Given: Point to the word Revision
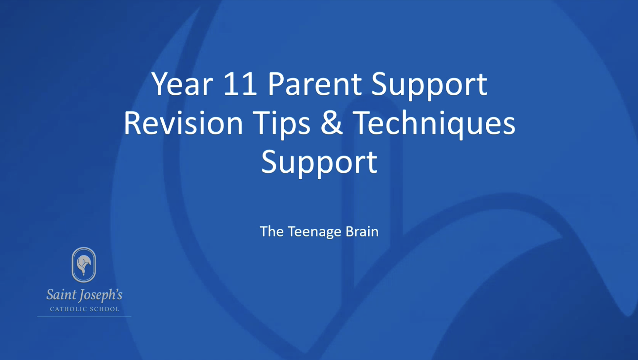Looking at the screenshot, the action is [183, 123].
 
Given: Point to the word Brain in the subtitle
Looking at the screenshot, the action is [362, 231].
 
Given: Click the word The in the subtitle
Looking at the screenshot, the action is [272, 231].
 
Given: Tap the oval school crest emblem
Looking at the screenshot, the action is [84, 265].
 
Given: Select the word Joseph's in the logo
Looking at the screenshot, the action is [100, 296].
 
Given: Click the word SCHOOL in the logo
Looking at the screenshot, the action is [105, 309].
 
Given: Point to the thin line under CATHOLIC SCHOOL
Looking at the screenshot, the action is [84, 316].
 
